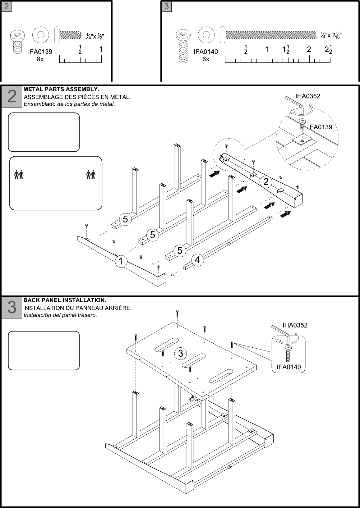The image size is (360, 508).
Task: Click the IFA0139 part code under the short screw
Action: click(40, 52)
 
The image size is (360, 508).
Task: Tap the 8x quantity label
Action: click(40, 59)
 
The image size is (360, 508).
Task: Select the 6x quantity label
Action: click(206, 59)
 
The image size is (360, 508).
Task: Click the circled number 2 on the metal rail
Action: click(266, 181)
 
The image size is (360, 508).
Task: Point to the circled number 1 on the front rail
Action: click(121, 262)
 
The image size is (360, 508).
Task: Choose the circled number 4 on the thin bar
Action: click(197, 260)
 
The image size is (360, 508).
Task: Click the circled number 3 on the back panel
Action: click(181, 353)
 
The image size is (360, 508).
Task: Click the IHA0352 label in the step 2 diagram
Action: click(308, 96)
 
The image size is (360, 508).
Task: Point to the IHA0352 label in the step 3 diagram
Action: click(295, 325)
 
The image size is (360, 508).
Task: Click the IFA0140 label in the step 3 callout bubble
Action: click(289, 367)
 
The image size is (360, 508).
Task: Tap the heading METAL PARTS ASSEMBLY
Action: click(61, 89)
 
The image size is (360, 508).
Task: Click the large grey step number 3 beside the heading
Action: click(12, 307)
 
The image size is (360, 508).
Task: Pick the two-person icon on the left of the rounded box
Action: click(19, 175)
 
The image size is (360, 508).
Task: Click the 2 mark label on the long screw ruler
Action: click(309, 49)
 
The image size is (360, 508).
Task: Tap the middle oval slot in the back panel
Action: click(194, 359)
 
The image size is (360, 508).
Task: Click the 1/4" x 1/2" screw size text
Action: click(95, 36)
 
